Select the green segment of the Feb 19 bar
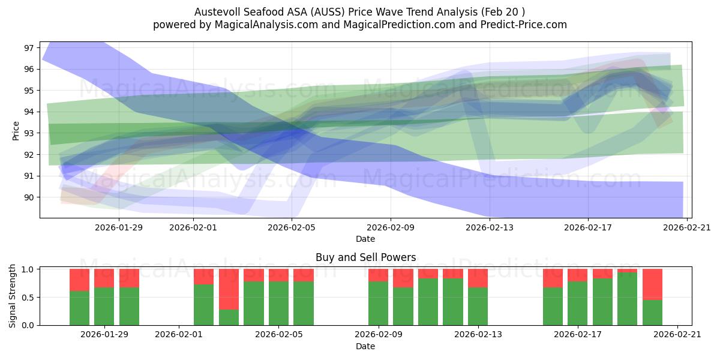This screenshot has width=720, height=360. point(627,299)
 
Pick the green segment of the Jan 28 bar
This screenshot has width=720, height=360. point(79,308)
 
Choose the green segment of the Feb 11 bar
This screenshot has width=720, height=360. point(428,302)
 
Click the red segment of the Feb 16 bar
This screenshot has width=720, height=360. point(553,278)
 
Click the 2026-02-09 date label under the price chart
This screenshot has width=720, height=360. point(391,227)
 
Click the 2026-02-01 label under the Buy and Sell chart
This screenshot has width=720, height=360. point(179,334)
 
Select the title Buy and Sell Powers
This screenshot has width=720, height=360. point(365,257)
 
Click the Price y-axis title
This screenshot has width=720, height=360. point(16,130)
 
